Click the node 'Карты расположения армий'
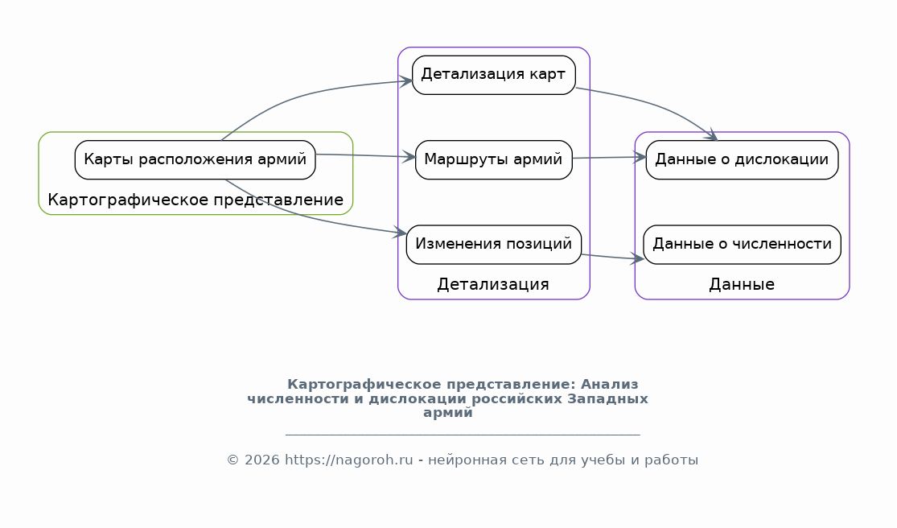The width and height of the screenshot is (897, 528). [x=195, y=159]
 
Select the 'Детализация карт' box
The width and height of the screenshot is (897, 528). [x=494, y=75]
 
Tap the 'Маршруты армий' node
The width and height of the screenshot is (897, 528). [x=494, y=159]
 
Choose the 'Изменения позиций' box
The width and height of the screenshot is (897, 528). [x=494, y=244]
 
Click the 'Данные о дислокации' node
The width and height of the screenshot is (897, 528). [x=742, y=159]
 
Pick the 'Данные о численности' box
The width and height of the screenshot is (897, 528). [x=742, y=244]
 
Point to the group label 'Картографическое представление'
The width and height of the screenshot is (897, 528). [x=195, y=200]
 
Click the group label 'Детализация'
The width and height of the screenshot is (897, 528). [x=493, y=284]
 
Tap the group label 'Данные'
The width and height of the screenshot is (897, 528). [x=742, y=284]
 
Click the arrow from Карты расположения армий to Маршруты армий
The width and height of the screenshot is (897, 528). [x=365, y=155]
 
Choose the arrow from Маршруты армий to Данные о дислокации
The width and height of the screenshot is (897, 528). [x=609, y=157]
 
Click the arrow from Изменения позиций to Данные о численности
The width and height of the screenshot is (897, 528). [x=613, y=258]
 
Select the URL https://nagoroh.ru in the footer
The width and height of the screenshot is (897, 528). [x=349, y=460]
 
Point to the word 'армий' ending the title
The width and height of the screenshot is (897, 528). [x=448, y=413]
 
